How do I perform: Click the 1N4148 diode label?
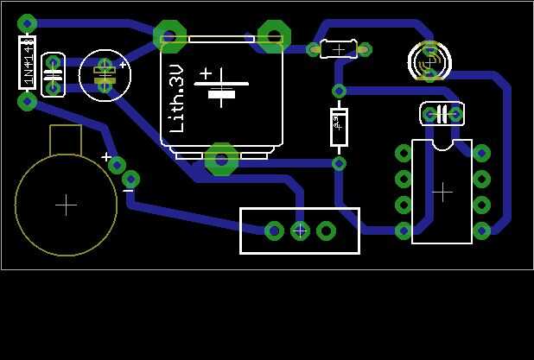[x=28, y=62]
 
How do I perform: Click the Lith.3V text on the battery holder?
[x=177, y=99]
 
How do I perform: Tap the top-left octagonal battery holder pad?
[x=169, y=36]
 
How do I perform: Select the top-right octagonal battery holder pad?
[x=274, y=36]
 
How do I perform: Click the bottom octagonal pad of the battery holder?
[x=222, y=159]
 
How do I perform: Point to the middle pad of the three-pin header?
[x=300, y=231]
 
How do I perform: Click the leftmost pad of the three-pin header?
[x=274, y=231]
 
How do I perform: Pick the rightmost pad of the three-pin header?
[x=326, y=231]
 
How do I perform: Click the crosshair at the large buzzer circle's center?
[x=66, y=205]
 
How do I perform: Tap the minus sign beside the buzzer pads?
[x=129, y=191]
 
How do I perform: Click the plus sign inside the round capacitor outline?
[x=123, y=65]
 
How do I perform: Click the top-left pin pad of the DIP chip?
[x=404, y=154]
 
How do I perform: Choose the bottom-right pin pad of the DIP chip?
[x=481, y=231]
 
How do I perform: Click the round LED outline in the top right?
[x=429, y=62]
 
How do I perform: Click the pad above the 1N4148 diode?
[x=28, y=23]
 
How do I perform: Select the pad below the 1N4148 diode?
[x=28, y=102]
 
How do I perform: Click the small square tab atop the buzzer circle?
[x=66, y=139]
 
